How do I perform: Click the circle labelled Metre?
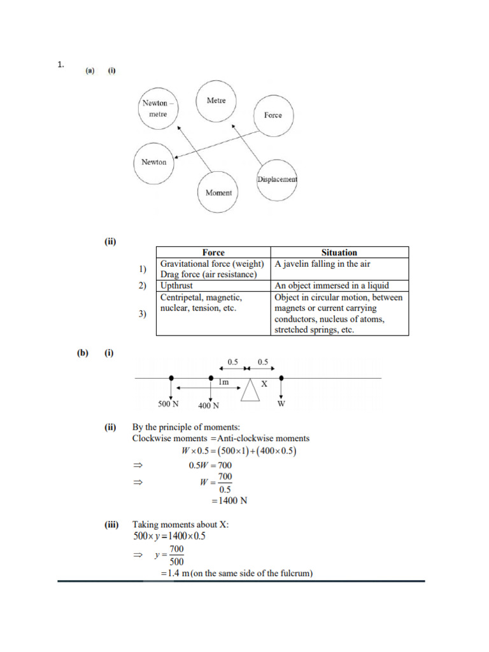point(216,101)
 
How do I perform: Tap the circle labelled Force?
point(273,115)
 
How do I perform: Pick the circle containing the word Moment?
point(218,192)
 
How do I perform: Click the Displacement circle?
point(277,180)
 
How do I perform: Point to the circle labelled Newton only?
point(154,162)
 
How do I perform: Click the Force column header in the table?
point(213,253)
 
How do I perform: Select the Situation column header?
point(339,253)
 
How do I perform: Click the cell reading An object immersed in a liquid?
point(332,286)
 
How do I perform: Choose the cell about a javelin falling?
point(323,264)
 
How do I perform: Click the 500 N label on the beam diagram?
point(169,404)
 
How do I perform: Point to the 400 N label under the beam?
point(209,406)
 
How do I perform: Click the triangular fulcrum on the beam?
point(250,390)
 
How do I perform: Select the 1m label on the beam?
point(223,383)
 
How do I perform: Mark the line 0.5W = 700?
point(210,465)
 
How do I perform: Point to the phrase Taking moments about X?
point(181,525)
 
